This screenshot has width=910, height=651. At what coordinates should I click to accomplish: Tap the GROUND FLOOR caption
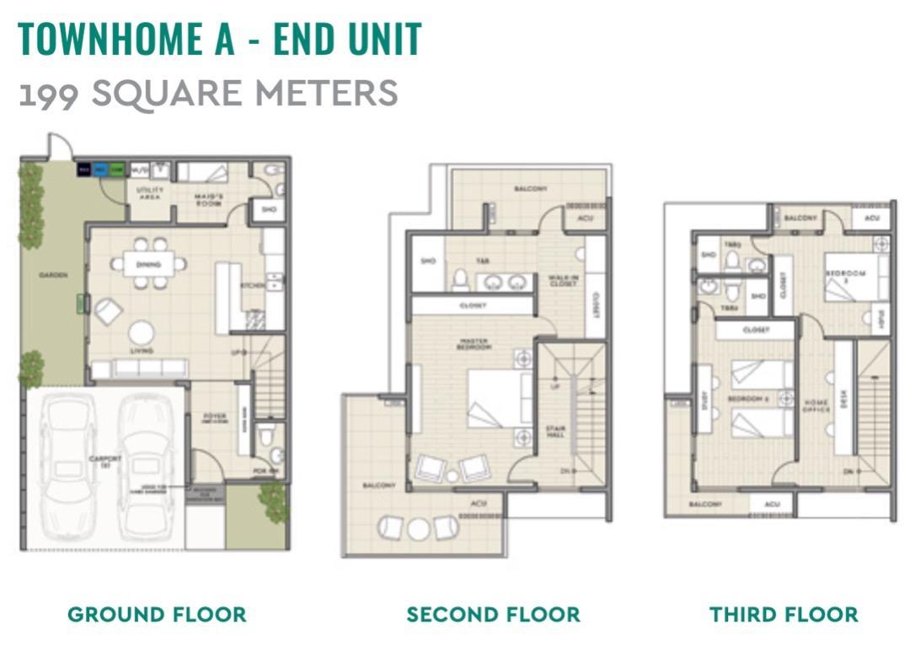point(157,614)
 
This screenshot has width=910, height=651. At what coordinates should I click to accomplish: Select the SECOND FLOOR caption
point(493,614)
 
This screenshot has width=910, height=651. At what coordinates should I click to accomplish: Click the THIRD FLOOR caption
point(784,614)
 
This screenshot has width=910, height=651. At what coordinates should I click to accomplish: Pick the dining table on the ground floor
point(149,263)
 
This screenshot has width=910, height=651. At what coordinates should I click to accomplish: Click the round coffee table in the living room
point(141,332)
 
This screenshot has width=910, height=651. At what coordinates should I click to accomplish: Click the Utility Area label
point(149,193)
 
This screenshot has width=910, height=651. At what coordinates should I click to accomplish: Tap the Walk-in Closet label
point(563,281)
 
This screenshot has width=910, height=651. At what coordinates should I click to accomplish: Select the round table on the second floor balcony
point(419,529)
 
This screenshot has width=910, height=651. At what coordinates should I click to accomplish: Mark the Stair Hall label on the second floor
point(555,433)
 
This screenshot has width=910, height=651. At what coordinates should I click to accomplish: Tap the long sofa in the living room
point(140,368)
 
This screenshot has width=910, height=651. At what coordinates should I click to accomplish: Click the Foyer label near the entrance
point(215,417)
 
